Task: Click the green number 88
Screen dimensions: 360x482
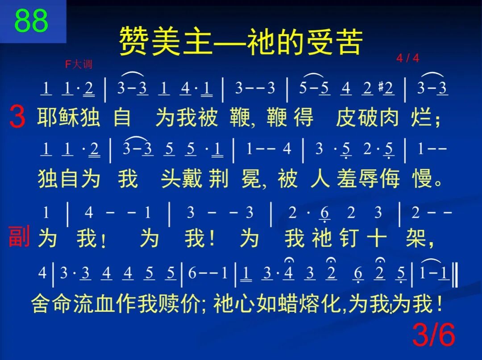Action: click(x=31, y=21)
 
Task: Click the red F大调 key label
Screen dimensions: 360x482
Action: click(x=79, y=64)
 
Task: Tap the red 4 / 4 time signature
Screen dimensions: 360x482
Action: click(x=407, y=58)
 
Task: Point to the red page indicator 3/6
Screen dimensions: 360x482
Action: click(x=433, y=335)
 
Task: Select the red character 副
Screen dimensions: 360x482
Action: click(x=19, y=237)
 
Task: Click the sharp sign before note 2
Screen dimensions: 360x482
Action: click(x=381, y=88)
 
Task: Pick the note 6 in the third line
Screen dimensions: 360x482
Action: click(x=324, y=214)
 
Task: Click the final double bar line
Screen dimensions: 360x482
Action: click(x=454, y=275)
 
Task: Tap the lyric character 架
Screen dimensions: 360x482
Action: click(x=417, y=239)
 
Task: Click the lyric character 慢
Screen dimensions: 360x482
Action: click(x=423, y=179)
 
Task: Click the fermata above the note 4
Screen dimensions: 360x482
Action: click(x=289, y=260)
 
